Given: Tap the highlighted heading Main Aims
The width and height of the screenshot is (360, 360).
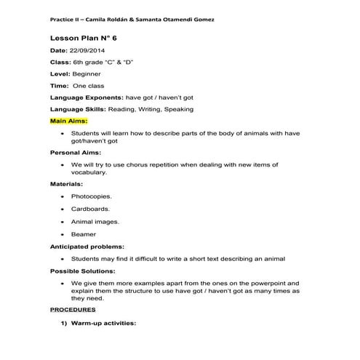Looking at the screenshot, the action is (x=68, y=121).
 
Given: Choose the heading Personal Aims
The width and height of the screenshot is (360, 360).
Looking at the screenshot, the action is (x=76, y=153).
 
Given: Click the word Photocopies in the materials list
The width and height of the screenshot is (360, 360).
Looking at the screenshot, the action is (x=91, y=196).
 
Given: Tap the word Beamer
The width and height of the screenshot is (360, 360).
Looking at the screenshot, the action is (x=83, y=234).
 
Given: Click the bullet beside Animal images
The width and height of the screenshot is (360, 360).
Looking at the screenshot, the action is (x=65, y=222).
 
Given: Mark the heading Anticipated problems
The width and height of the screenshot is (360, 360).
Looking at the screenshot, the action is (x=87, y=247).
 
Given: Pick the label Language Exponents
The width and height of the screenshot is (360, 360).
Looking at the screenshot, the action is (x=86, y=97).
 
